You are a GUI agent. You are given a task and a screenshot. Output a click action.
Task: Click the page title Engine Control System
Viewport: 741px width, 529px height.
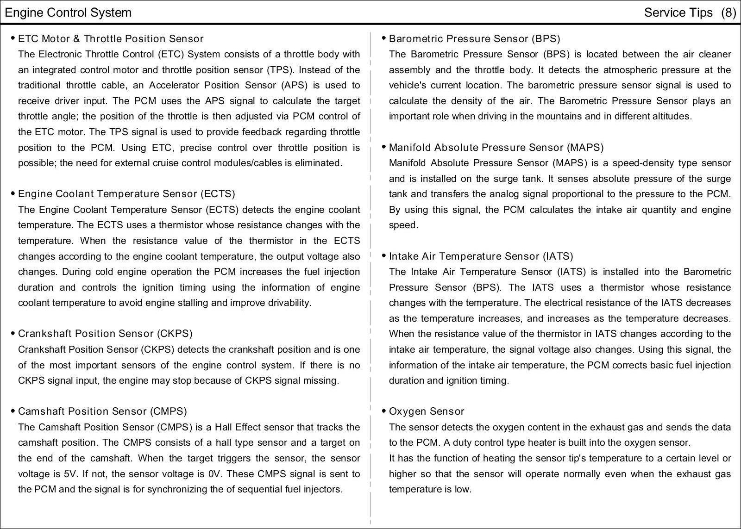click(x=68, y=12)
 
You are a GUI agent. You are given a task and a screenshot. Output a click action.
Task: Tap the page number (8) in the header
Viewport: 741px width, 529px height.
click(x=728, y=12)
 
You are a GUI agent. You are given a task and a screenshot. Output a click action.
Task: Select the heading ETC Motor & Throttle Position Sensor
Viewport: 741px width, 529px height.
click(x=111, y=39)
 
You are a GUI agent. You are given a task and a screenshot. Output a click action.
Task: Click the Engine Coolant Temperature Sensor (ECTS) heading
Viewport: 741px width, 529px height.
click(x=126, y=194)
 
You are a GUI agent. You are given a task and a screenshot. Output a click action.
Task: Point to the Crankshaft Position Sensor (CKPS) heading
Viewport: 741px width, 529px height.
click(x=105, y=334)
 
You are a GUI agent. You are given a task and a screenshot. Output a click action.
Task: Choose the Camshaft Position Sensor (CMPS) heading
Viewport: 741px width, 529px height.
click(x=102, y=411)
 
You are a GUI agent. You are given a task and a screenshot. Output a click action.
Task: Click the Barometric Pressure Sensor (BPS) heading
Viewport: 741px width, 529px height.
click(x=474, y=39)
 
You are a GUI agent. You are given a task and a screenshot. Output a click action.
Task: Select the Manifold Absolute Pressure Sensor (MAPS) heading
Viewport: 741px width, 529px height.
click(x=496, y=148)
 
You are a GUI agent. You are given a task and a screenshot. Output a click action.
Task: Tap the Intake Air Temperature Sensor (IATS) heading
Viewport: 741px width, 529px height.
click(x=481, y=256)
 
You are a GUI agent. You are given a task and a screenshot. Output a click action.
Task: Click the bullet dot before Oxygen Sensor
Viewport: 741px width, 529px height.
click(x=384, y=411)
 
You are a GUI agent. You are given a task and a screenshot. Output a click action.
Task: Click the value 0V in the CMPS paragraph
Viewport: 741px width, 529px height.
click(x=215, y=474)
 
